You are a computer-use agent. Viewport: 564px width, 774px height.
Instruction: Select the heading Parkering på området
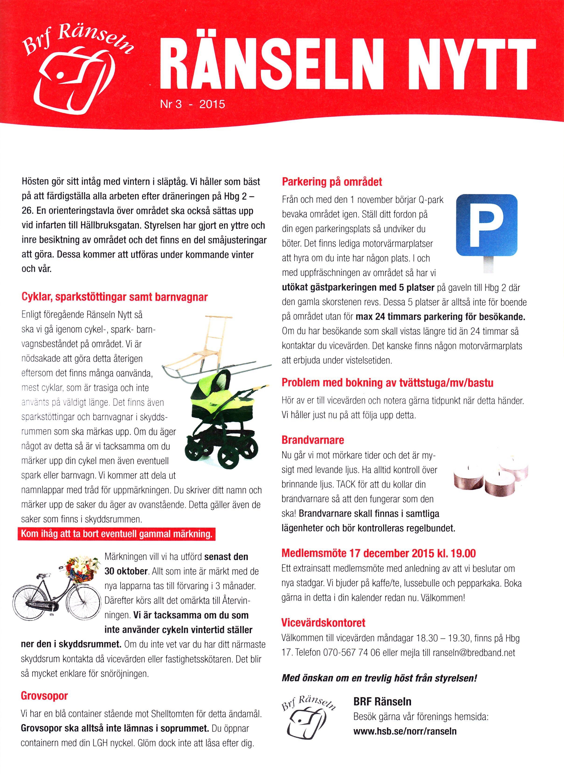[332, 182]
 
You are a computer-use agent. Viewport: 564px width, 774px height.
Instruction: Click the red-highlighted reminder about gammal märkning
[117, 534]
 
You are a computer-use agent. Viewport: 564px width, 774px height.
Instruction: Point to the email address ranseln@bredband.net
[474, 653]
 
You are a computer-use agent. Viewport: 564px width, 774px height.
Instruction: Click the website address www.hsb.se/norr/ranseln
[405, 731]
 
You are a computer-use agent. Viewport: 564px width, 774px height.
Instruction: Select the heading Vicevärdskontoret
[323, 622]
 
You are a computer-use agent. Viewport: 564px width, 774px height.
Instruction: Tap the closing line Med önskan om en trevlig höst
[379, 678]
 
